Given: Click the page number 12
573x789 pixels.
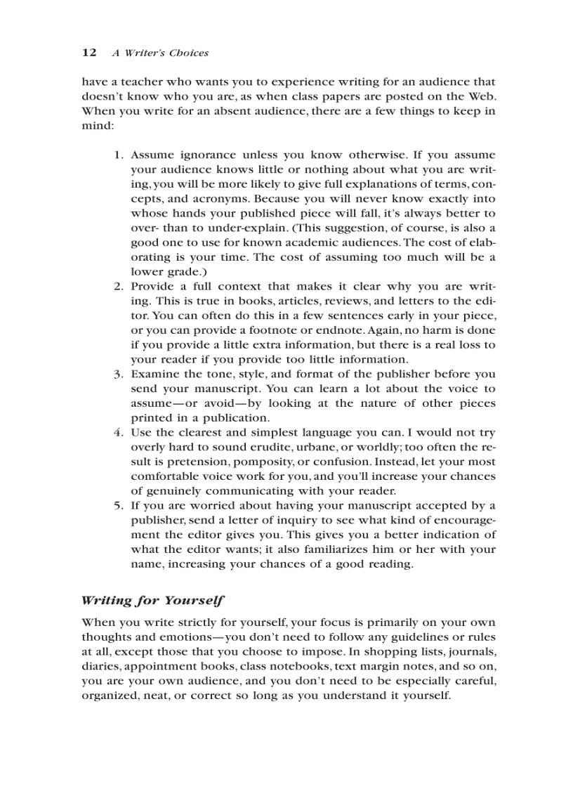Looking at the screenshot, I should pyautogui.click(x=88, y=53).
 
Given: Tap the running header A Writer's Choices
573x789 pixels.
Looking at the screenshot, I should pyautogui.click(x=160, y=53).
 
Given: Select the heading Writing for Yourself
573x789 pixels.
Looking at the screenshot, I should pyautogui.click(x=152, y=600).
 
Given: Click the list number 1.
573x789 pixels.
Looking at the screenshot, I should pyautogui.click(x=119, y=155).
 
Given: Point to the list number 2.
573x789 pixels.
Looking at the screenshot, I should pyautogui.click(x=119, y=286).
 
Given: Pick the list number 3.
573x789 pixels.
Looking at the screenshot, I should pyautogui.click(x=119, y=374).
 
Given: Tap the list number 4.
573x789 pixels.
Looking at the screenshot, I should pyautogui.click(x=119, y=432).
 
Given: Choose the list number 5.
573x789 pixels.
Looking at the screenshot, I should pyautogui.click(x=119, y=505).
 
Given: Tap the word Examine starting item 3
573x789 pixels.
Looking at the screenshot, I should pyautogui.click(x=154, y=374).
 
